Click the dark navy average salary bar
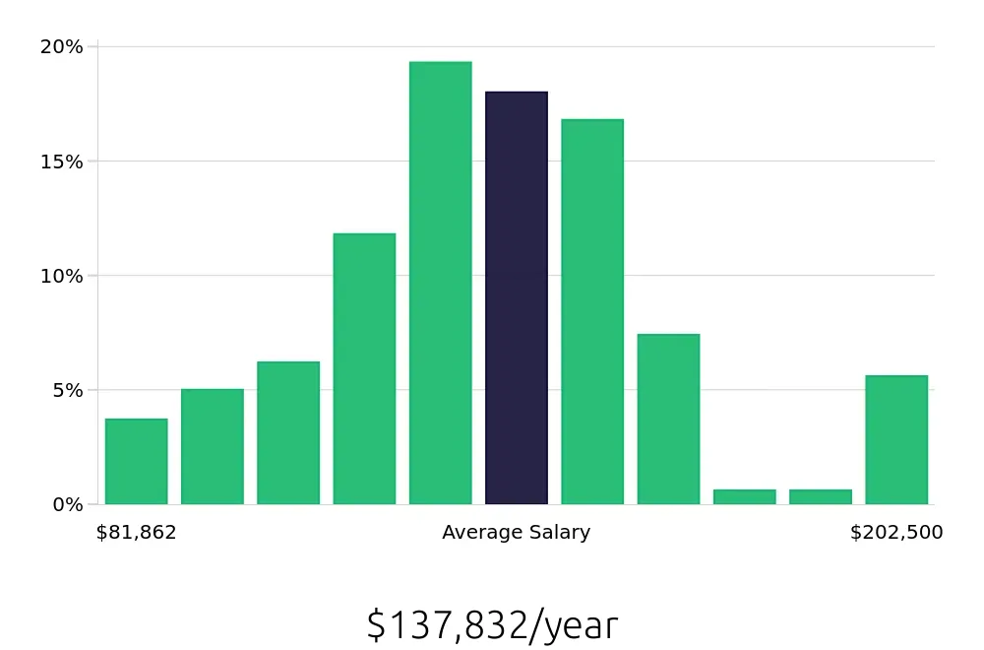[517, 297]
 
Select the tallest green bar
[441, 283]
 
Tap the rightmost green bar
[896, 439]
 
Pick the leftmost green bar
[137, 461]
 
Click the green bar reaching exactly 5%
[213, 446]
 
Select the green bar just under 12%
[364, 368]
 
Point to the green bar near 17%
[592, 311]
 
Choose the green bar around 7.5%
[668, 419]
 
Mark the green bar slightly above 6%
[288, 432]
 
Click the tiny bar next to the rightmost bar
[821, 496]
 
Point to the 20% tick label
[61, 46]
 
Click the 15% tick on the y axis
[61, 161]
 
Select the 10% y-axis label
[61, 276]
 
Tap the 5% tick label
[66, 390]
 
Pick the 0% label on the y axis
[66, 504]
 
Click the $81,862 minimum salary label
[137, 533]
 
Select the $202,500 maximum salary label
[896, 533]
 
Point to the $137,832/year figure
[492, 625]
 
